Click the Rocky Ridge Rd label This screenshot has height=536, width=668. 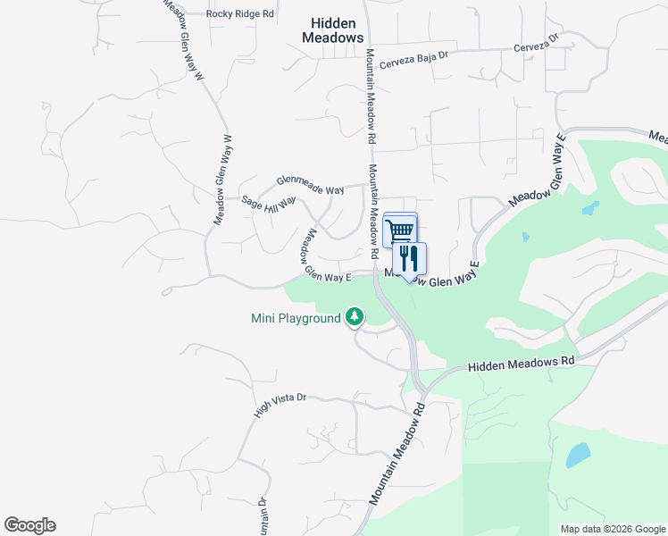[x=239, y=14]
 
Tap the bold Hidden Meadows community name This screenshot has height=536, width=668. [x=332, y=30]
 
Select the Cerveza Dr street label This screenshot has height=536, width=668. [x=535, y=45]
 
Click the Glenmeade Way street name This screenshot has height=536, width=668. [x=310, y=185]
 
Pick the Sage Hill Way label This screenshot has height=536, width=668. [x=269, y=205]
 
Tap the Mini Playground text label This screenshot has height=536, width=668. [x=296, y=318]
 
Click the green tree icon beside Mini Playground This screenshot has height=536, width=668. [x=355, y=316]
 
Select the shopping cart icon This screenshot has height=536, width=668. [x=400, y=230]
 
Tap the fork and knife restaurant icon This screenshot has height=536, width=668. [x=409, y=260]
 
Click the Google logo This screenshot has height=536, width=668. [x=29, y=525]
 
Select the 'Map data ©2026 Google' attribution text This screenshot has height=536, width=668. [x=612, y=529]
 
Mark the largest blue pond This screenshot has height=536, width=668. [x=577, y=456]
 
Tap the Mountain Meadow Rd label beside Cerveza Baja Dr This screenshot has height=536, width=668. [x=369, y=98]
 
